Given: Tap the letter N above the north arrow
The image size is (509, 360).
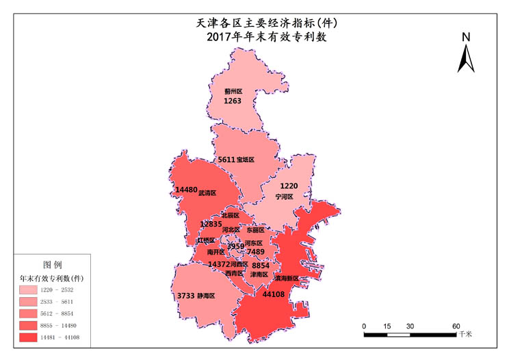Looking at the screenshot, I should point(466,37).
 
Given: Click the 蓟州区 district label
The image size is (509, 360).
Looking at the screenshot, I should point(233,90).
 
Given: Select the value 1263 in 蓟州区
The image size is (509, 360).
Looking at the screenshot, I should point(233,101).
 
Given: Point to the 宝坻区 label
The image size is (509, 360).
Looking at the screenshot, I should point(246,159).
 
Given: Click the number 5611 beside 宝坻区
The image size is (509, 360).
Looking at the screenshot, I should point(226,159).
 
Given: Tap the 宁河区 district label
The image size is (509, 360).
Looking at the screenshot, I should point(284,196).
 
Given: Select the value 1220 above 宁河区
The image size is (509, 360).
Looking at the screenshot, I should point(289,186).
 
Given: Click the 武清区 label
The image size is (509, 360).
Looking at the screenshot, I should point(207,193).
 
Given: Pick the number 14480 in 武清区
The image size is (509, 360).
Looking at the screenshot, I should point(186,190).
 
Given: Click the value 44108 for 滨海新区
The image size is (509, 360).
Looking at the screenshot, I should point(274,294).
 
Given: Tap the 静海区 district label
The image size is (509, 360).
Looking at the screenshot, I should point(206,296).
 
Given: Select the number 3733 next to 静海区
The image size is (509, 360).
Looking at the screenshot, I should point(186,296).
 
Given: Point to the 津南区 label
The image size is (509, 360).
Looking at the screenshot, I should point(259,274).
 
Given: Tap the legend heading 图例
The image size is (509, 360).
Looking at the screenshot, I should point(53,264).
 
